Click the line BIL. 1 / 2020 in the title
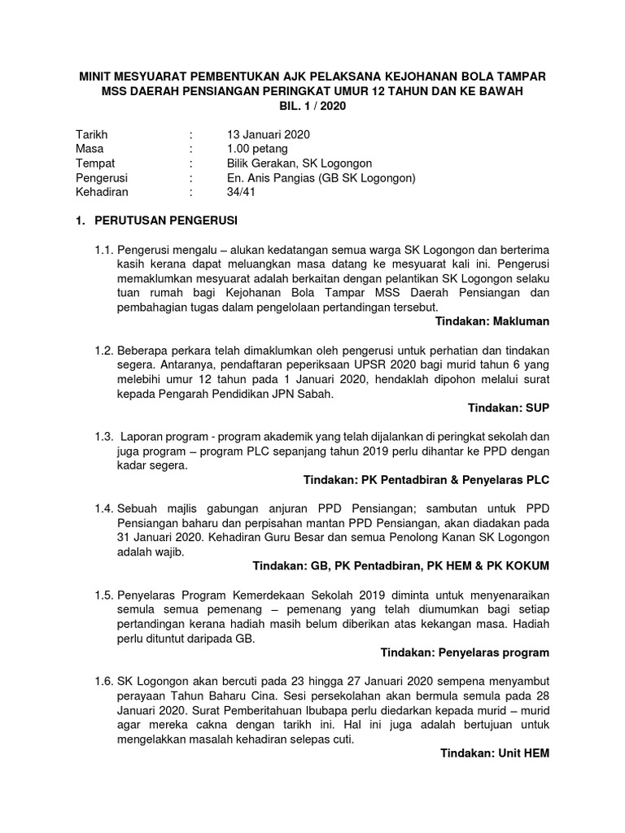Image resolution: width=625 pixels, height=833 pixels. [312, 106]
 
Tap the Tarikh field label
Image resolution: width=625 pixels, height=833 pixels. [91, 134]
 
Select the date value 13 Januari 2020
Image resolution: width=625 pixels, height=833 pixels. [268, 134]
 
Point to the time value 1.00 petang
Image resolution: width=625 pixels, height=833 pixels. [256, 149]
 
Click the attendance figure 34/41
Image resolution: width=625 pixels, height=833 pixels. [242, 192]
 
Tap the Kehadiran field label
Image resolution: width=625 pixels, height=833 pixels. [102, 192]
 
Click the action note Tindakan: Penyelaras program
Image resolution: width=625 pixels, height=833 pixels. [465, 652]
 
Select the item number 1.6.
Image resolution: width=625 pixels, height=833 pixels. [104, 682]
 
